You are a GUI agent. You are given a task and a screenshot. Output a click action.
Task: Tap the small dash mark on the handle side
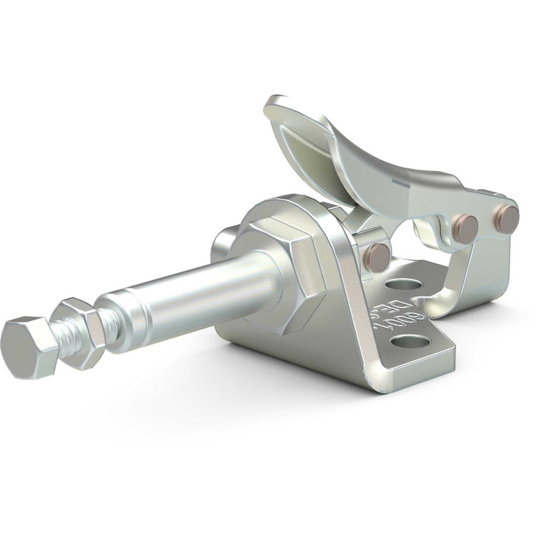[401, 182]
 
